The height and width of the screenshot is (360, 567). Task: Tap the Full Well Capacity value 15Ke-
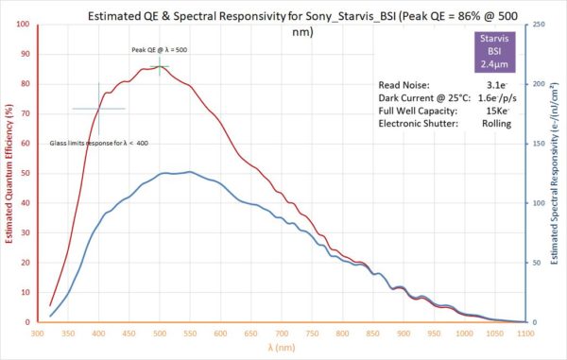tap(497, 111)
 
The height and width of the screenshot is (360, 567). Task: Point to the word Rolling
tap(496, 124)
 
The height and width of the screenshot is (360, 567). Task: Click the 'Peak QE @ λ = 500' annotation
tap(160, 49)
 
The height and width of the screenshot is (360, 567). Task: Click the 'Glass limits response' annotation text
tap(99, 143)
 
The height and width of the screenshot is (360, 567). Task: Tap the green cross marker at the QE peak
tap(160, 65)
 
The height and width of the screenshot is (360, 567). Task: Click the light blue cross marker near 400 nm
tap(98, 109)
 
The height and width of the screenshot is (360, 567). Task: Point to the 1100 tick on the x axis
tap(526, 333)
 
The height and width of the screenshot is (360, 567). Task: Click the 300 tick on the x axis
tap(38, 333)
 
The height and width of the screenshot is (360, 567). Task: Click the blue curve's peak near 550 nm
tap(190, 172)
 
